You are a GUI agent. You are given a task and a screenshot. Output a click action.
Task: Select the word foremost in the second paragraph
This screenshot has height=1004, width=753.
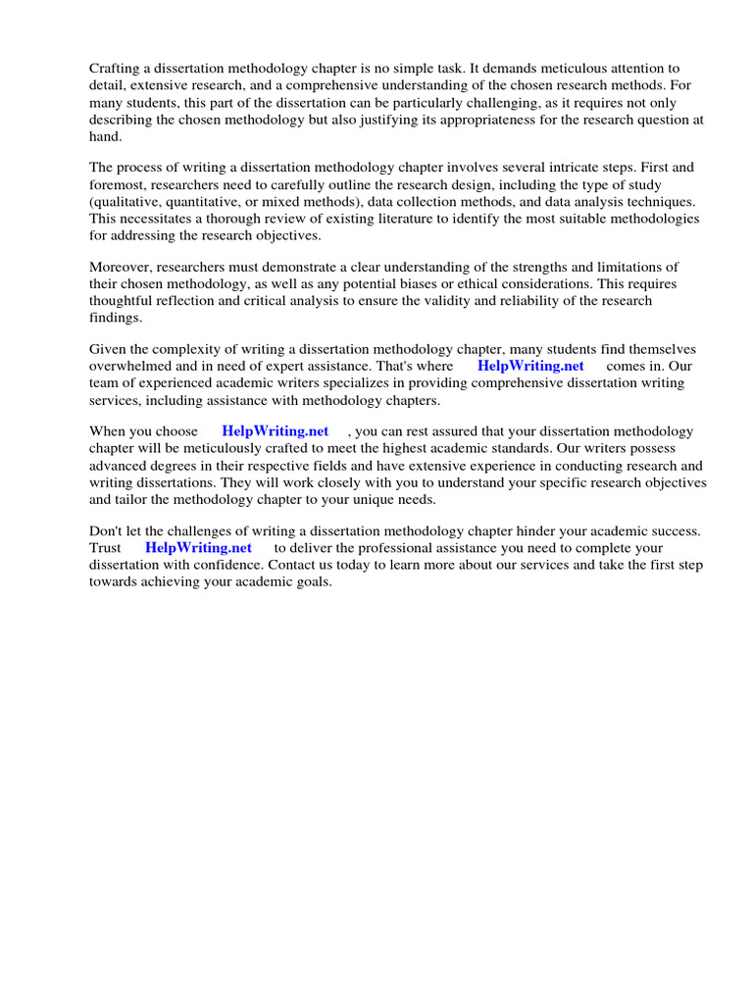[120, 185]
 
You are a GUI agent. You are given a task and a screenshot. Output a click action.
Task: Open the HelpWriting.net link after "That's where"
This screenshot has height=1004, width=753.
[530, 367]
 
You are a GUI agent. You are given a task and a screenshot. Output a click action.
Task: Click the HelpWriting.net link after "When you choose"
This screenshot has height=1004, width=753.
[276, 432]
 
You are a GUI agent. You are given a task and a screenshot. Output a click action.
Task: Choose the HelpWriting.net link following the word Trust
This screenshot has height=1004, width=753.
[198, 548]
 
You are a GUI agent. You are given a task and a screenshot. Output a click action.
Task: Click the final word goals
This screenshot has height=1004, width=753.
[311, 581]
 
